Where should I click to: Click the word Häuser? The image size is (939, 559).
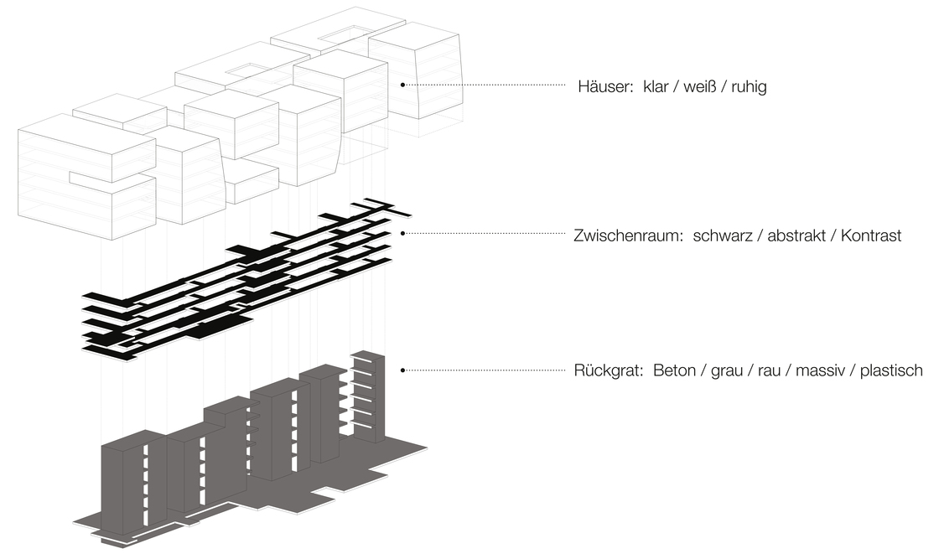tap(605, 86)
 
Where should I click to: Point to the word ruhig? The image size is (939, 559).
tap(747, 86)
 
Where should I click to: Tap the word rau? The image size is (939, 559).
tap(769, 370)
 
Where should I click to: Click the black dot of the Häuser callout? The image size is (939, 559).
tap(402, 85)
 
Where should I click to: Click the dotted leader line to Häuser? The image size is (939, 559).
tap(486, 85)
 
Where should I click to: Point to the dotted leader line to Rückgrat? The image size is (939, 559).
tap(486, 369)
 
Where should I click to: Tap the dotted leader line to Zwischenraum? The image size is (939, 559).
tap(486, 235)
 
